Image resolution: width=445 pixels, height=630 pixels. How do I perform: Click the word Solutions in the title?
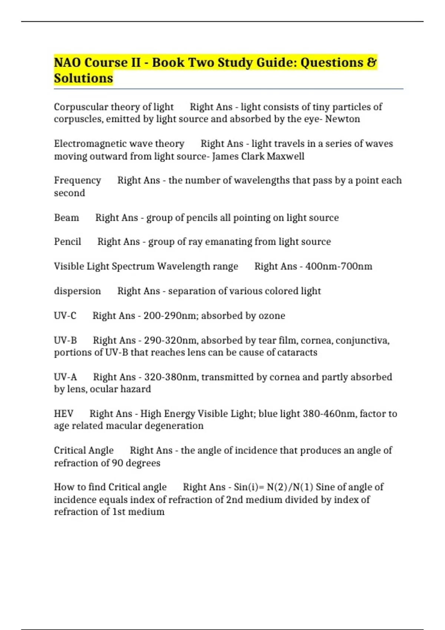point(83,78)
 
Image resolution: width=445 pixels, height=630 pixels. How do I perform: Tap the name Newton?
point(343,119)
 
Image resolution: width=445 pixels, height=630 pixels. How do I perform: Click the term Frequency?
point(78,180)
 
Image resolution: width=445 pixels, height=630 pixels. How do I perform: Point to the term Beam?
point(66,218)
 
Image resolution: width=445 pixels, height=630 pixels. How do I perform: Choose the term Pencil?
point(67,242)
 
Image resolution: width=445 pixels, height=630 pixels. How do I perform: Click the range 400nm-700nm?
point(339,266)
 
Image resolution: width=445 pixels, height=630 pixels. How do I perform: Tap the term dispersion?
point(78,291)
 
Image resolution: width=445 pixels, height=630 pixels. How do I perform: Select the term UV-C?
point(65,316)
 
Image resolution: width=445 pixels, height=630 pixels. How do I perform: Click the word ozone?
point(272,316)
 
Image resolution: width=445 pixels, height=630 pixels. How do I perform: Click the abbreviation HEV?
point(64,414)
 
